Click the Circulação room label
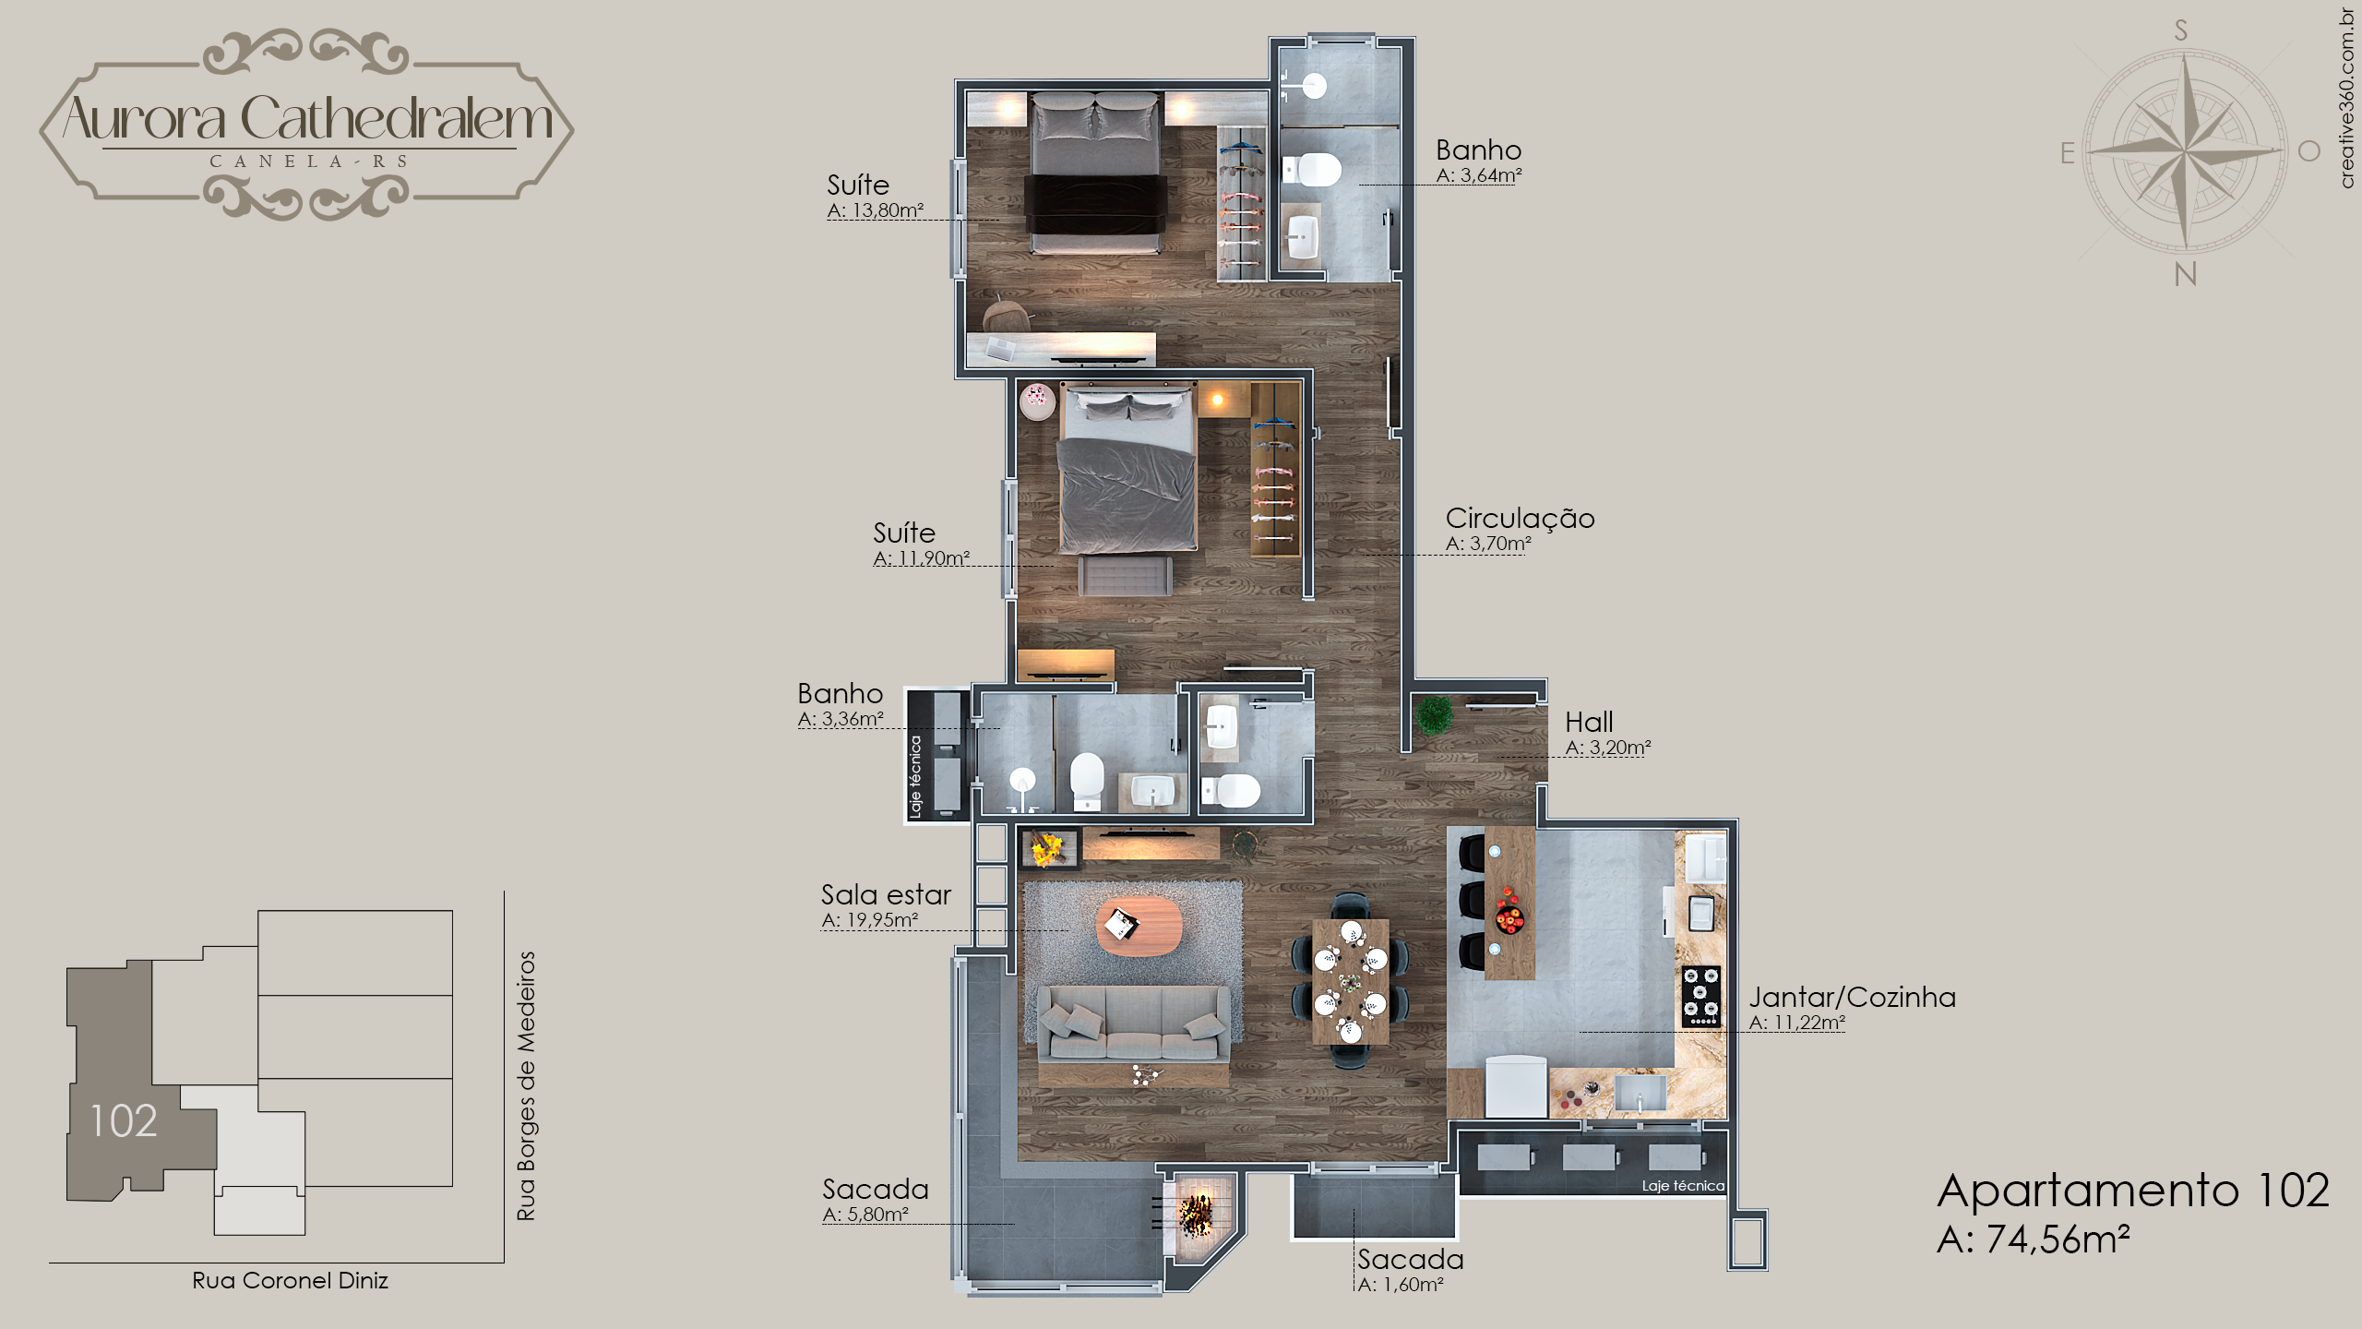pyautogui.click(x=1520, y=519)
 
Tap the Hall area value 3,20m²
pyautogui.click(x=1620, y=748)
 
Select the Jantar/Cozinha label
pyautogui.click(x=1852, y=997)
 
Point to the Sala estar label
pyautogui.click(x=886, y=894)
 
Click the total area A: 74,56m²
pyautogui.click(x=2034, y=1239)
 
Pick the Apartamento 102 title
pyautogui.click(x=2133, y=1190)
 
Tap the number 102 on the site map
pyautogui.click(x=124, y=1120)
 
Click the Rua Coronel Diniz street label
pyautogui.click(x=290, y=1280)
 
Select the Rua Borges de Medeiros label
pyautogui.click(x=526, y=1086)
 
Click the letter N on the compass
pyautogui.click(x=2185, y=274)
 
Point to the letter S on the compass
pyautogui.click(x=2181, y=30)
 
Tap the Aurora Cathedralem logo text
pyautogui.click(x=307, y=118)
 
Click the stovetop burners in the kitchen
pyautogui.click(x=1700, y=997)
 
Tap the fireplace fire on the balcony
pyautogui.click(x=1196, y=1215)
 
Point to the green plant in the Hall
pyautogui.click(x=1434, y=715)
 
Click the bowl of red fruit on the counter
pyautogui.click(x=1509, y=917)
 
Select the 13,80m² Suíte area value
pyautogui.click(x=888, y=210)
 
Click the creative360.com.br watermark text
pyautogui.click(x=2347, y=98)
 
